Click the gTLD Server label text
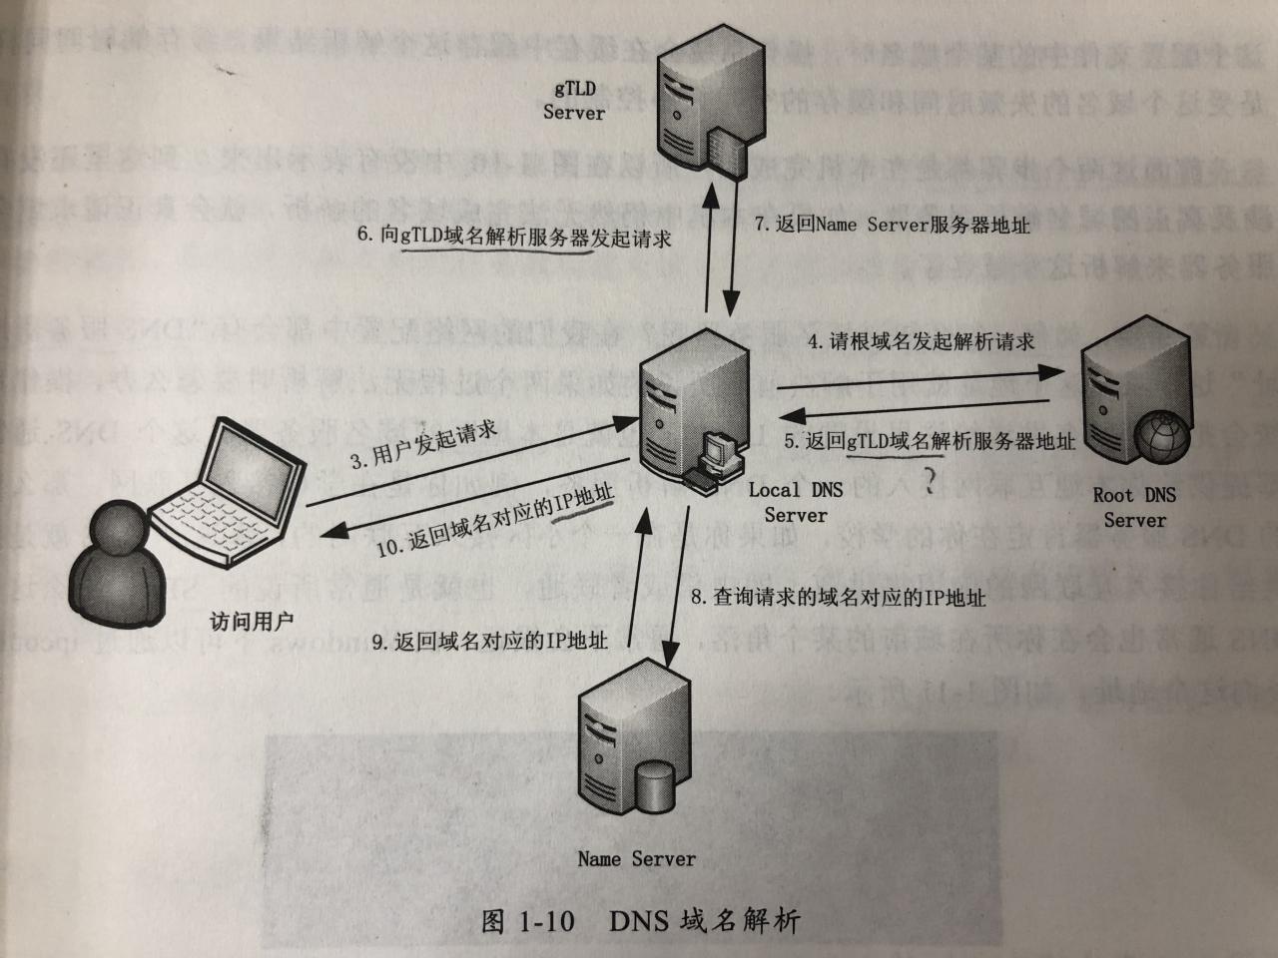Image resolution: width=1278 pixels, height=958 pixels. click(x=574, y=100)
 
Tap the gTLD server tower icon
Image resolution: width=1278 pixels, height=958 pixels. click(x=700, y=110)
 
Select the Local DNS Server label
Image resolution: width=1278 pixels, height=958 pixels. click(x=795, y=502)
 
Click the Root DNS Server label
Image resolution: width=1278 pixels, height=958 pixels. click(x=1134, y=507)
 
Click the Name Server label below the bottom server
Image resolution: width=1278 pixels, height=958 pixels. click(x=636, y=859)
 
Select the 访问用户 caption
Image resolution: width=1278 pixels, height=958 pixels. click(x=252, y=622)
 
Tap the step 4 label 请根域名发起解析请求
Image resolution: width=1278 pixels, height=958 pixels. click(x=921, y=341)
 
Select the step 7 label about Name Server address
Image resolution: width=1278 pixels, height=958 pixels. click(x=892, y=225)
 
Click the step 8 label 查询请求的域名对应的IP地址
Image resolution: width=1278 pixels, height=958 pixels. click(x=839, y=598)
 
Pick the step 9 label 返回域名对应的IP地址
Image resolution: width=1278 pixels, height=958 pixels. click(x=489, y=642)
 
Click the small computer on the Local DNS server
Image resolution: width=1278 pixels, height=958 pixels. click(x=717, y=454)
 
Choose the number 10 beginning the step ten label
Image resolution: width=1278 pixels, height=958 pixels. click(x=388, y=547)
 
